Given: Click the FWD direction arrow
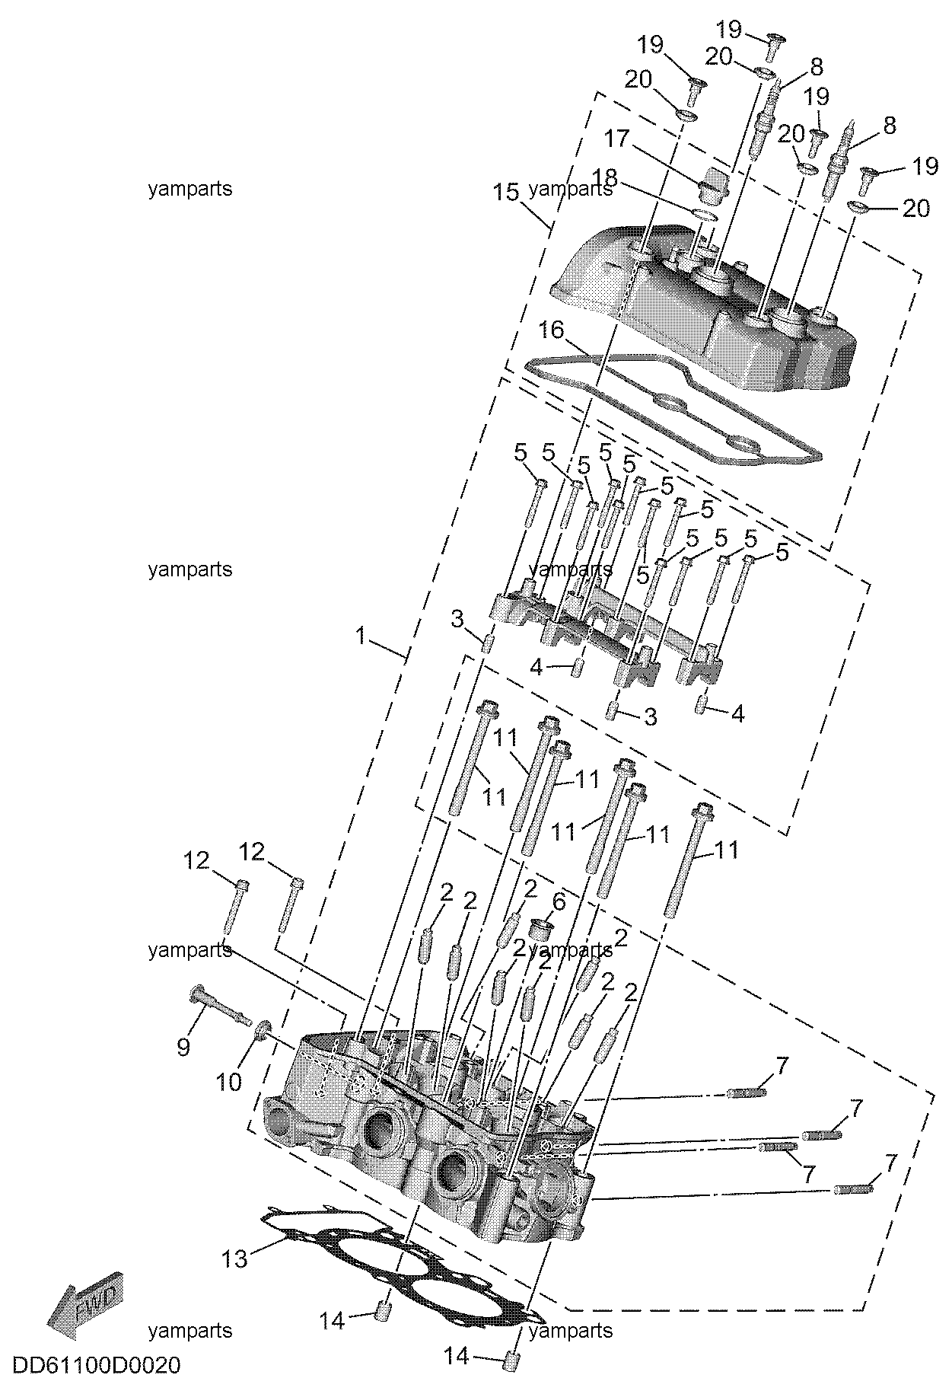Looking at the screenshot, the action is [83, 1306].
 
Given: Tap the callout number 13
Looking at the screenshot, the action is [235, 1259].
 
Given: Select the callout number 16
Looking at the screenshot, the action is [552, 330].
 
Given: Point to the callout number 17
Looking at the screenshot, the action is [617, 139].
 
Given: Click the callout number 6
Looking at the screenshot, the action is [559, 902].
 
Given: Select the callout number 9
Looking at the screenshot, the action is [183, 1047].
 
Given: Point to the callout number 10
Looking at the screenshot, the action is [229, 1081].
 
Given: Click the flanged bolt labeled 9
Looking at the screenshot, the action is [219, 1004].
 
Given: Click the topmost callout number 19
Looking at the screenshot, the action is [728, 30].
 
